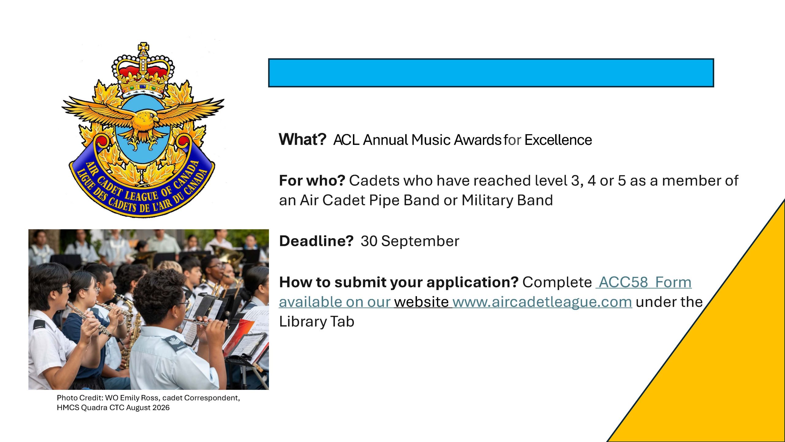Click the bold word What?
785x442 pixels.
coord(302,140)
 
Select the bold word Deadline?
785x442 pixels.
coord(316,241)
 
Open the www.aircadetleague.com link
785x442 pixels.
coord(542,302)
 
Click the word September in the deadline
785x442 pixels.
coord(420,241)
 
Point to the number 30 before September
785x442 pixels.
coord(369,241)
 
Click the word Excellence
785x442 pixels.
coord(558,140)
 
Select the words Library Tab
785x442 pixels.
coord(316,322)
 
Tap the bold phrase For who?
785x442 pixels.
coord(312,180)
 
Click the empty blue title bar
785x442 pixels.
coord(491,73)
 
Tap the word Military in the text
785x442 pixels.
coord(488,200)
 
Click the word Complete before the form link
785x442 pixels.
coord(557,282)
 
